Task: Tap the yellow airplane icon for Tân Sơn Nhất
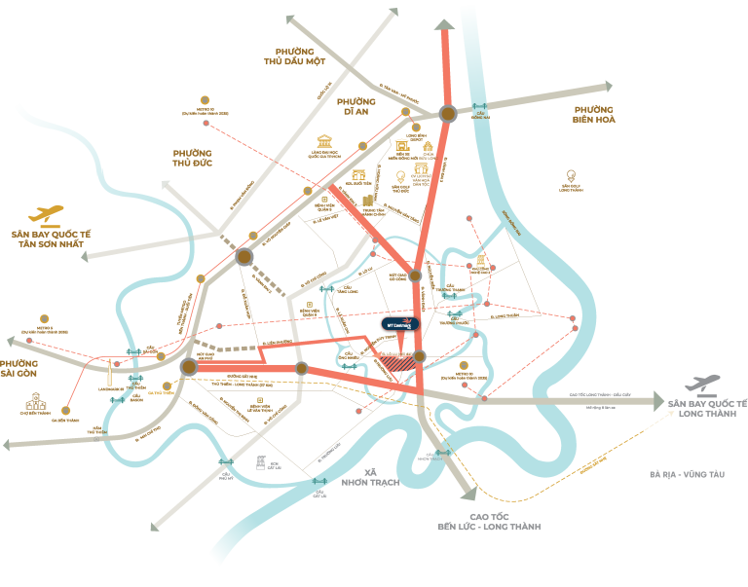pos(46,214)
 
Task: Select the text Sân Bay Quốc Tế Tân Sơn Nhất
pos(48,238)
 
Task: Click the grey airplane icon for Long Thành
pos(702,384)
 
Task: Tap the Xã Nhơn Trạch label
pos(370,477)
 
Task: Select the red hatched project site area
pos(395,363)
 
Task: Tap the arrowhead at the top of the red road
pos(443,26)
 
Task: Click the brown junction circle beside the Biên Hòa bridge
pos(448,114)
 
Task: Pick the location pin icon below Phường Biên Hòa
pos(570,176)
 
